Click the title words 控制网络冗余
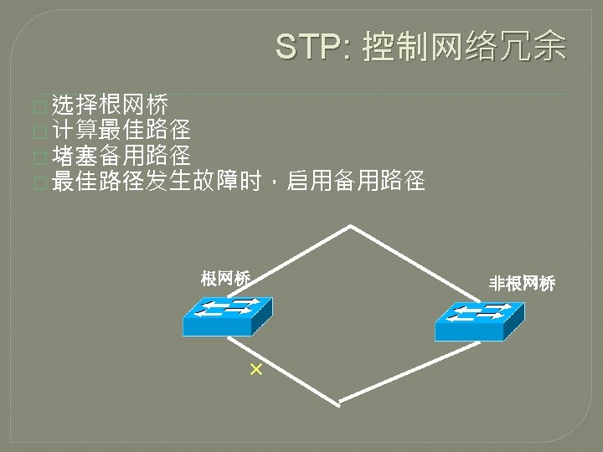[464, 47]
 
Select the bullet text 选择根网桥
[111, 105]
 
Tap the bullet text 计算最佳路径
[121, 130]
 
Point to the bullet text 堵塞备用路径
[121, 155]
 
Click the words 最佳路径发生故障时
[157, 180]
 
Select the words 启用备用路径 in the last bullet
[357, 180]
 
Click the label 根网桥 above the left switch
[225, 279]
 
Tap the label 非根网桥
[523, 285]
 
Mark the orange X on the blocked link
[255, 369]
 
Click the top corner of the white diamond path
[351, 226]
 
